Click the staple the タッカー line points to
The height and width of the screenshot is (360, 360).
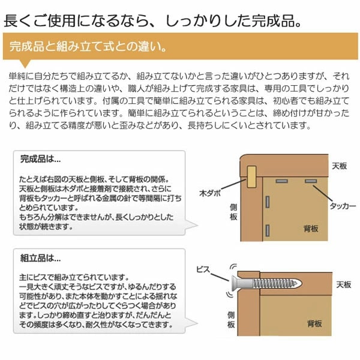coord(310,181)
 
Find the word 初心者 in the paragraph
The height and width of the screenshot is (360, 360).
coord(274,99)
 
